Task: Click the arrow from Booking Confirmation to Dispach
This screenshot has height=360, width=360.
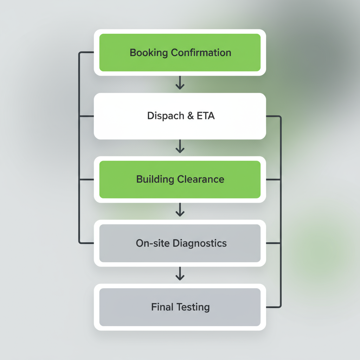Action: pyautogui.click(x=180, y=83)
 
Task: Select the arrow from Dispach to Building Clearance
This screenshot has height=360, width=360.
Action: pyautogui.click(x=180, y=146)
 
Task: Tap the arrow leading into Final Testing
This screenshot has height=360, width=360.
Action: pyautogui.click(x=180, y=274)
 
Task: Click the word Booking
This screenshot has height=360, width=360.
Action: pyautogui.click(x=149, y=53)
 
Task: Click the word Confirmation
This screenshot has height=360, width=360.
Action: pyautogui.click(x=201, y=53)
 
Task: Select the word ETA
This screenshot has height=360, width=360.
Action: pyautogui.click(x=206, y=116)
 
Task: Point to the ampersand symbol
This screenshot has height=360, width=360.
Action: pyautogui.click(x=190, y=116)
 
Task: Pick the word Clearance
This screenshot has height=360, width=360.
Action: pyautogui.click(x=200, y=179)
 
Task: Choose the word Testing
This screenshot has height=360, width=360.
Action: pyautogui.click(x=193, y=307)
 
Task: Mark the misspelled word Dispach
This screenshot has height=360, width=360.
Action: pyautogui.click(x=165, y=116)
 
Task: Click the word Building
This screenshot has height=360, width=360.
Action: pyautogui.click(x=155, y=179)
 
